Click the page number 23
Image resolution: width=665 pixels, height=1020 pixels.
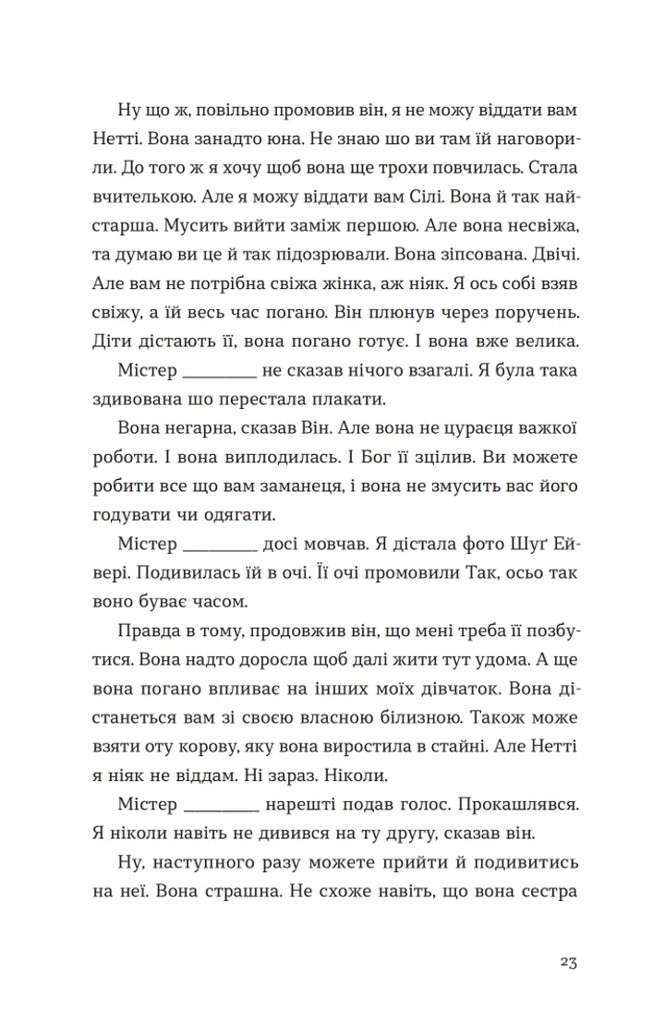click(568, 962)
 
